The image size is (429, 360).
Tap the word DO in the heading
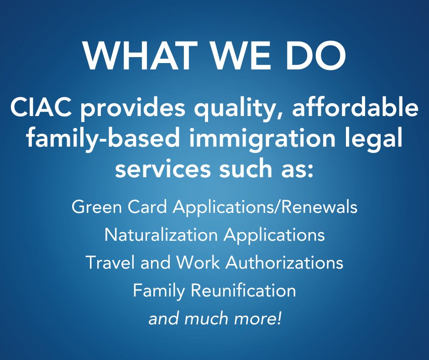click(316, 56)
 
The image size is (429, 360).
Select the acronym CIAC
click(41, 108)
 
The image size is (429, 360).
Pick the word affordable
click(356, 107)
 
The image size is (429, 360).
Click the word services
click(163, 169)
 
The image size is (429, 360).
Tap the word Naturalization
click(161, 234)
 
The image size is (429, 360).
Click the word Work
click(198, 263)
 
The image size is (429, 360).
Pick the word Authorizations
click(284, 263)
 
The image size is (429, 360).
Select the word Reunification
click(243, 290)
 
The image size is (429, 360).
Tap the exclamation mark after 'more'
click(279, 318)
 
